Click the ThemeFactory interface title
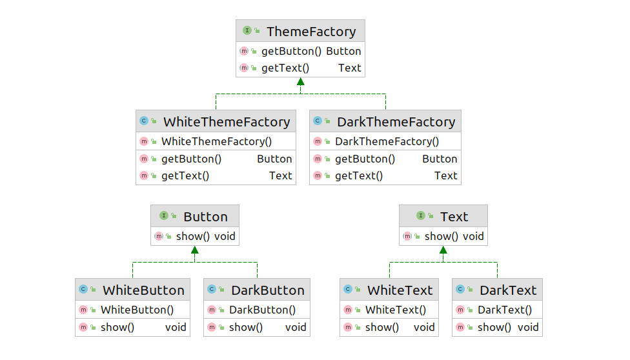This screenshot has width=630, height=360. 311,32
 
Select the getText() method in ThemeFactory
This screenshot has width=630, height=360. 285,68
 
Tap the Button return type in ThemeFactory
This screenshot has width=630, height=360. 343,51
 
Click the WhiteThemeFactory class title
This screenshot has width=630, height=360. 227,122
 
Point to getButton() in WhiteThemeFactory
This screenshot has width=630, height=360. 191,159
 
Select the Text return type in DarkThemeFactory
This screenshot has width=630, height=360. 445,175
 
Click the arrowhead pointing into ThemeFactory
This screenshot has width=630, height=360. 301,81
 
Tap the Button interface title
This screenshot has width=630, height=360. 205,217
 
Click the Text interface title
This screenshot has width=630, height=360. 454,217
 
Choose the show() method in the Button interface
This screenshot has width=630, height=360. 193,236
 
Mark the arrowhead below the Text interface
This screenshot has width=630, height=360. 443,250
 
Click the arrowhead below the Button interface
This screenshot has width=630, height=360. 195,250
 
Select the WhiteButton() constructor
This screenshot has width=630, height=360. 137,310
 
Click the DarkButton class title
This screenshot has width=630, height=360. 268,290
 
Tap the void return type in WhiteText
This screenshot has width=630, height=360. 424,327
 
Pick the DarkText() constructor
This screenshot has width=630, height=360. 505,310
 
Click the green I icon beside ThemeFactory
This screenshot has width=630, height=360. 247,30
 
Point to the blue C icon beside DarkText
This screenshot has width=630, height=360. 460,289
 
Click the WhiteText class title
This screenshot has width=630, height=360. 400,290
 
